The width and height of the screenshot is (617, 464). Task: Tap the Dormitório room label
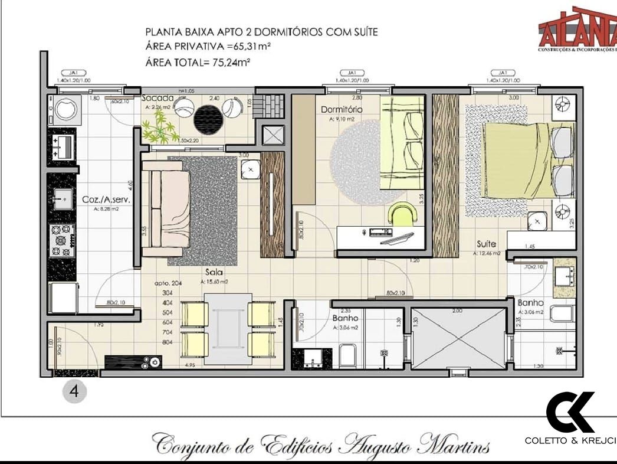click(342, 110)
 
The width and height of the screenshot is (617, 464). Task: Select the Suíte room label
click(487, 243)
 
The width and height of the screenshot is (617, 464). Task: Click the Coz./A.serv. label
click(106, 200)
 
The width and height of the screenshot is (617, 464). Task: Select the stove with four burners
click(62, 241)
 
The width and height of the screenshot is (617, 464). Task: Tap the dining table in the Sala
click(228, 322)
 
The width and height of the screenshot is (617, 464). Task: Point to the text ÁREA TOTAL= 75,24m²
click(198, 62)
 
